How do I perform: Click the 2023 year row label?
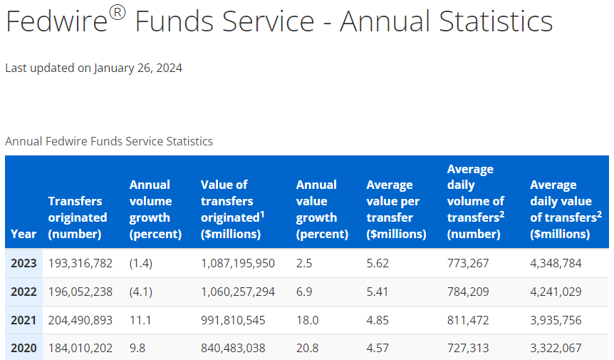point(24,263)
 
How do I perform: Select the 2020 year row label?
point(24,348)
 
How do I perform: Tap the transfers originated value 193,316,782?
point(80,263)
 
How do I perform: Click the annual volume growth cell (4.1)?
point(141,292)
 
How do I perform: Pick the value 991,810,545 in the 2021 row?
point(233,320)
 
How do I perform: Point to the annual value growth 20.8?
point(308,348)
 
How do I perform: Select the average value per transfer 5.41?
point(378,292)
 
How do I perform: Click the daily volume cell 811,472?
point(468,320)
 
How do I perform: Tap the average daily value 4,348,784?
point(556,263)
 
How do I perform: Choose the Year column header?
point(24,234)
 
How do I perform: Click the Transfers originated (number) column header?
point(78,217)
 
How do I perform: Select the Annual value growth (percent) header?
point(322,209)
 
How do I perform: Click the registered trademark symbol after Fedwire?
point(118,14)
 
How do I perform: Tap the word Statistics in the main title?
point(496,21)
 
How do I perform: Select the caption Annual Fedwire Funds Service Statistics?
point(109,141)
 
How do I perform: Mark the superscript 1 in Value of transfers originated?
point(262,214)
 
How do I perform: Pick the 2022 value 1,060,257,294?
point(238,292)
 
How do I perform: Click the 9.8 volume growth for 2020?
point(137,348)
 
